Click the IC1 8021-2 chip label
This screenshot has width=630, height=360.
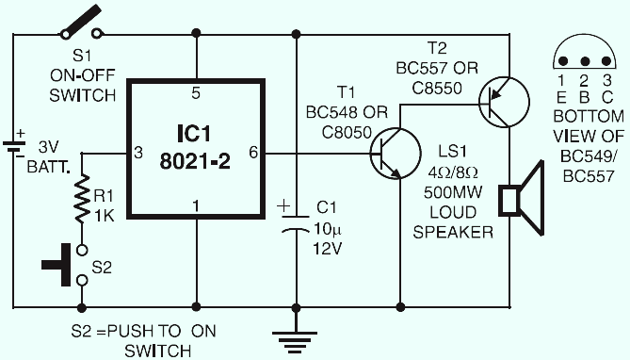tap(195, 147)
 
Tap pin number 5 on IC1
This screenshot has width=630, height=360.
tap(196, 93)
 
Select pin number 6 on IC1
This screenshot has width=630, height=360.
tap(253, 153)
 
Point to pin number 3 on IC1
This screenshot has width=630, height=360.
tap(138, 153)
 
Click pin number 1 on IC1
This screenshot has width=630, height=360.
tap(196, 206)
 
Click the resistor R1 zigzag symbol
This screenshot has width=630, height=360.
tap(82, 198)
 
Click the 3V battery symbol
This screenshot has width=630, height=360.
tap(14, 146)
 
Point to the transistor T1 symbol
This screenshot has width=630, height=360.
tap(396, 154)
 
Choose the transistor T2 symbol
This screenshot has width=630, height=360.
tap(504, 102)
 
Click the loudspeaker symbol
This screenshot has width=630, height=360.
tap(521, 199)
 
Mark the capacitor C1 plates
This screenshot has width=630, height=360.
tap(296, 224)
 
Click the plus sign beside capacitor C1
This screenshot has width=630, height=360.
tap(283, 206)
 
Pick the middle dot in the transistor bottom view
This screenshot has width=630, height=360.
tap(585, 61)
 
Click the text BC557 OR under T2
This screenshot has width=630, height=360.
tap(437, 68)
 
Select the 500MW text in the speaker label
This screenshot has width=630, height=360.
tap(453, 192)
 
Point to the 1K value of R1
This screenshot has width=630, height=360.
tap(105, 216)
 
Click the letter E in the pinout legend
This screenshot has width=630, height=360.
tap(561, 97)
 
